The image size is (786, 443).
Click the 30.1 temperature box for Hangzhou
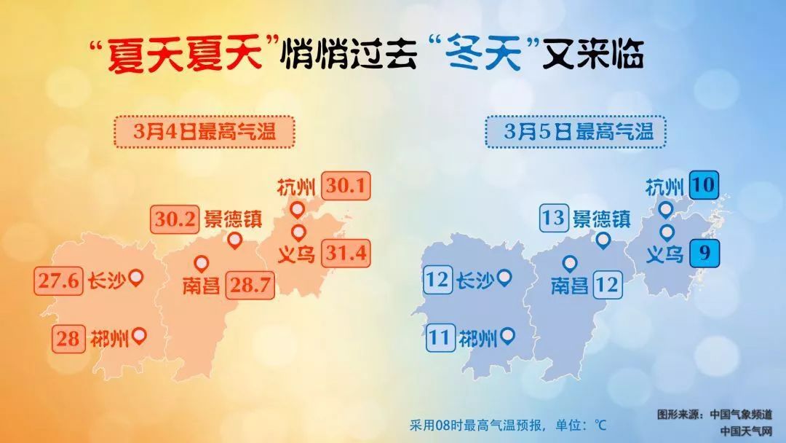(x=346, y=187)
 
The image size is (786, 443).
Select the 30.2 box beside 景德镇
(x=175, y=219)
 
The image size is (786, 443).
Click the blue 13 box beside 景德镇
(x=553, y=219)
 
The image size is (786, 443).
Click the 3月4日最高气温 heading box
(x=203, y=133)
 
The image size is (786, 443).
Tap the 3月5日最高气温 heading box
(x=576, y=133)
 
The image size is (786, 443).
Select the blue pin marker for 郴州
(x=507, y=335)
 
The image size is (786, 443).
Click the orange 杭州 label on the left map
(x=296, y=188)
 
